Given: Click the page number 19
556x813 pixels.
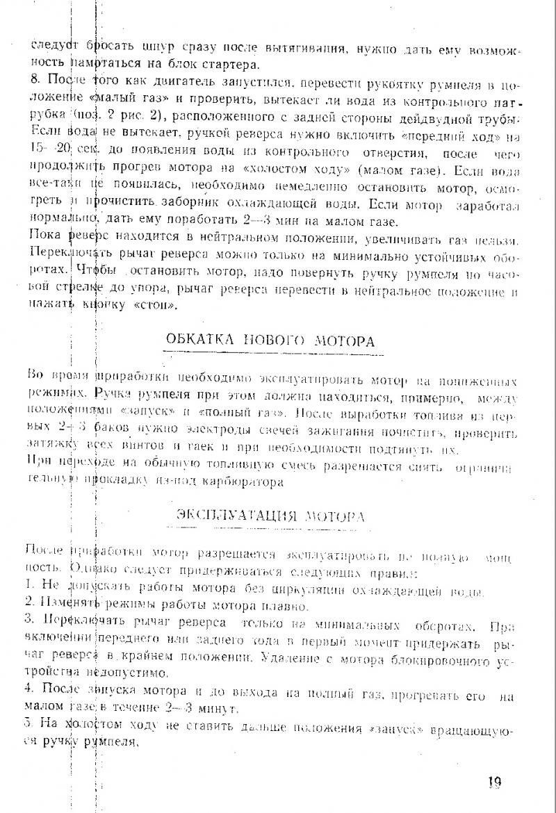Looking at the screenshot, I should [x=494, y=782].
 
